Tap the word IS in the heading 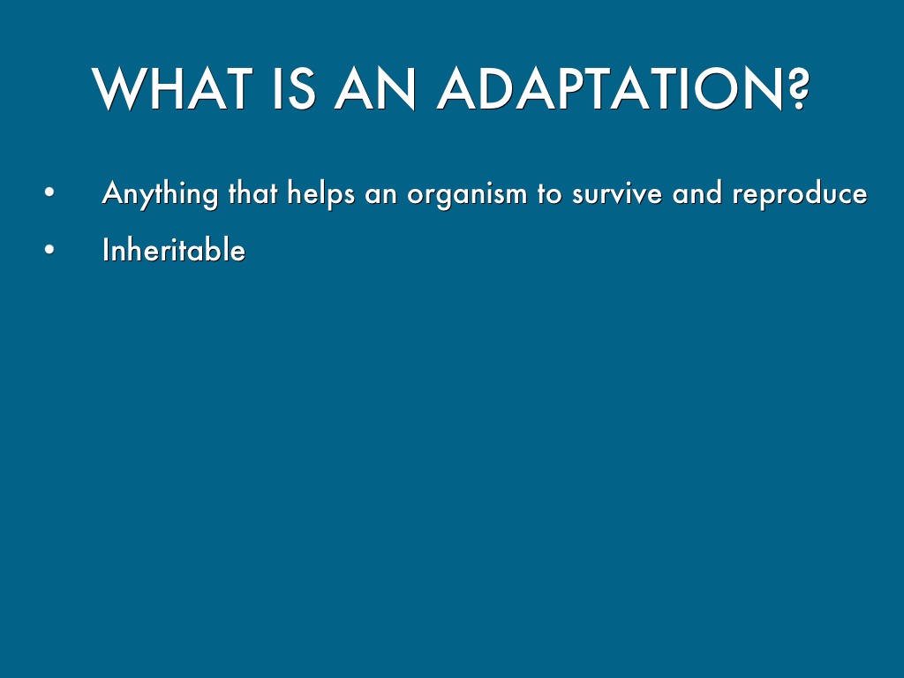point(294,88)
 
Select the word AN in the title point(374,88)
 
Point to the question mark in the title point(798,88)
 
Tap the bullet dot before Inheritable point(49,250)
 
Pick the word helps point(321,193)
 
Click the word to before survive point(549,194)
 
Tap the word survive point(617,194)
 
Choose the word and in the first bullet point(697,192)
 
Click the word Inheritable point(174,250)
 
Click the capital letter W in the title point(117,88)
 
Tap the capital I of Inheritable point(106,250)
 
